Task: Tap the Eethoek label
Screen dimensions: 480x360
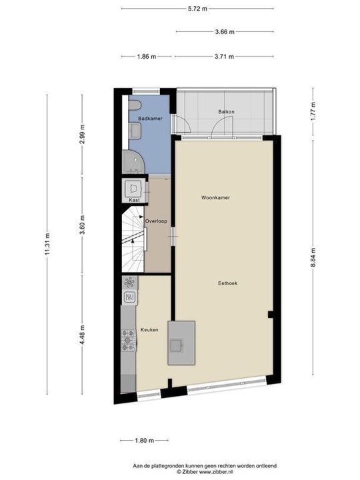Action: [228, 283]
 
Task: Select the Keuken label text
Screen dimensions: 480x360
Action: [149, 330]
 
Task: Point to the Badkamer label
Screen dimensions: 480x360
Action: [150, 118]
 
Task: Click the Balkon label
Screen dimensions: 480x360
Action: [226, 111]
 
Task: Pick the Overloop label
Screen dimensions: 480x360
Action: [156, 221]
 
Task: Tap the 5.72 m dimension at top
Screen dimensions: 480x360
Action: [197, 9]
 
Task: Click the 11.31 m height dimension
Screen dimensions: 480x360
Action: [47, 245]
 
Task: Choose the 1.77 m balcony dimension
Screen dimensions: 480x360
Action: [313, 111]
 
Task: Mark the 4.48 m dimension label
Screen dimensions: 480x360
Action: [83, 331]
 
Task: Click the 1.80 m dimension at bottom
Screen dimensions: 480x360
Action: [144, 440]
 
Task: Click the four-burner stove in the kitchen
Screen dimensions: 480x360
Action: [128, 341]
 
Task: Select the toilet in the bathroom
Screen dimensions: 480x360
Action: [134, 107]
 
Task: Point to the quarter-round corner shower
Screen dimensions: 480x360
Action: [131, 161]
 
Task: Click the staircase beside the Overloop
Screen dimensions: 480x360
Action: [133, 241]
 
